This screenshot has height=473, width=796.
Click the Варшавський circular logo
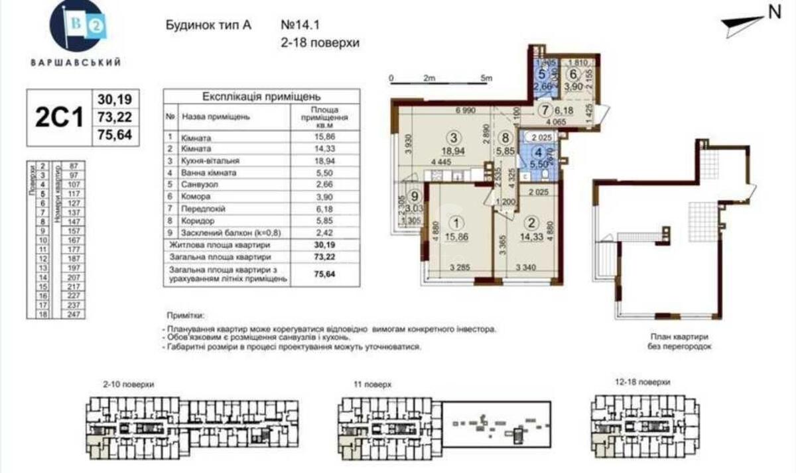point(78,30)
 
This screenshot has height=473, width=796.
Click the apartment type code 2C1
point(59,118)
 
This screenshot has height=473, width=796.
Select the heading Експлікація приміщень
point(261,95)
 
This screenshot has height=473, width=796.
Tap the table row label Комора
point(196,197)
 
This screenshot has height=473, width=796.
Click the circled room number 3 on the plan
point(453,138)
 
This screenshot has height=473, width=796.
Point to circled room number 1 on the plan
point(455,223)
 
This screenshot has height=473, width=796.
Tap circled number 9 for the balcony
point(415,196)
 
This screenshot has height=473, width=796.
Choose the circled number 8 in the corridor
point(505,138)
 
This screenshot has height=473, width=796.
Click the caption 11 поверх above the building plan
point(373,384)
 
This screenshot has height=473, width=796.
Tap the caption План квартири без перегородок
point(677,341)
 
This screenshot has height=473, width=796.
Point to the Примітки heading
point(186,317)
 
